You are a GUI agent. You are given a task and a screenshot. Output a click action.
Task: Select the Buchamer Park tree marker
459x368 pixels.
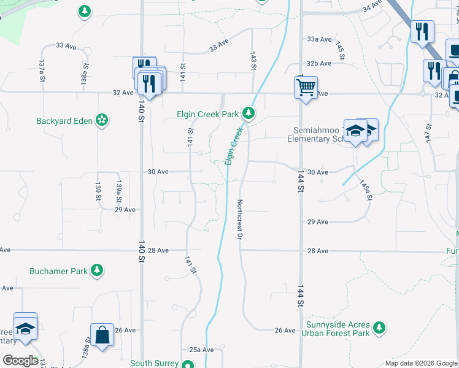96,270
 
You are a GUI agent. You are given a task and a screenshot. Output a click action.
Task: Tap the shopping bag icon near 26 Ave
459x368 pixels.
102,335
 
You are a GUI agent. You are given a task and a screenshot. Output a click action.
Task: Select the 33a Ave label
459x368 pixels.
319,39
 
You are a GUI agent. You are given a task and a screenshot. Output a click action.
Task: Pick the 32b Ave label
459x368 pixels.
319,63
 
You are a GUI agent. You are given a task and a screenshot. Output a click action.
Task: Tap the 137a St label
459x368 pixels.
42,71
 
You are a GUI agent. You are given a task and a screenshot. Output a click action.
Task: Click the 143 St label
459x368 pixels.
252,60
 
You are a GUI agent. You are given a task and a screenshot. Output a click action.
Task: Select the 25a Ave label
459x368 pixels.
201,349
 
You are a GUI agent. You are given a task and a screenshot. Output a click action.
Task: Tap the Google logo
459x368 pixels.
20,361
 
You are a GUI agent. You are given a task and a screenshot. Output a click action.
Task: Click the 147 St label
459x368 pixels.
428,134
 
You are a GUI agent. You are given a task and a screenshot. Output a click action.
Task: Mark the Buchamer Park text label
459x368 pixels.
58,270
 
